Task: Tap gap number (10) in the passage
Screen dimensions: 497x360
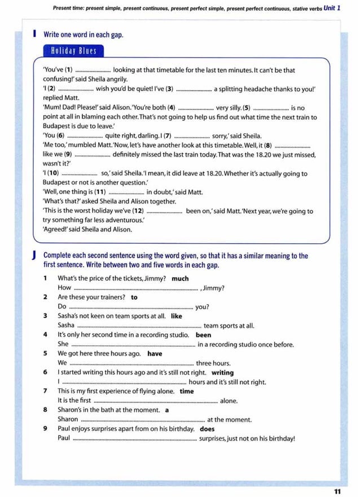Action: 53,173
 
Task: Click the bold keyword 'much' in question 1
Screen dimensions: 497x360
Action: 180,279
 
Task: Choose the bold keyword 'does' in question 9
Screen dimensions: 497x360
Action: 208,429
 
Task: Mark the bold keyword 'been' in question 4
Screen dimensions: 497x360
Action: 204,335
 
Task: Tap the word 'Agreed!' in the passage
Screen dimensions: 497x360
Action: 55,230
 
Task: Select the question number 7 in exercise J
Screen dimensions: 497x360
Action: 45,392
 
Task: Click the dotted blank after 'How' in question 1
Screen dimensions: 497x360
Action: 136,288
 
